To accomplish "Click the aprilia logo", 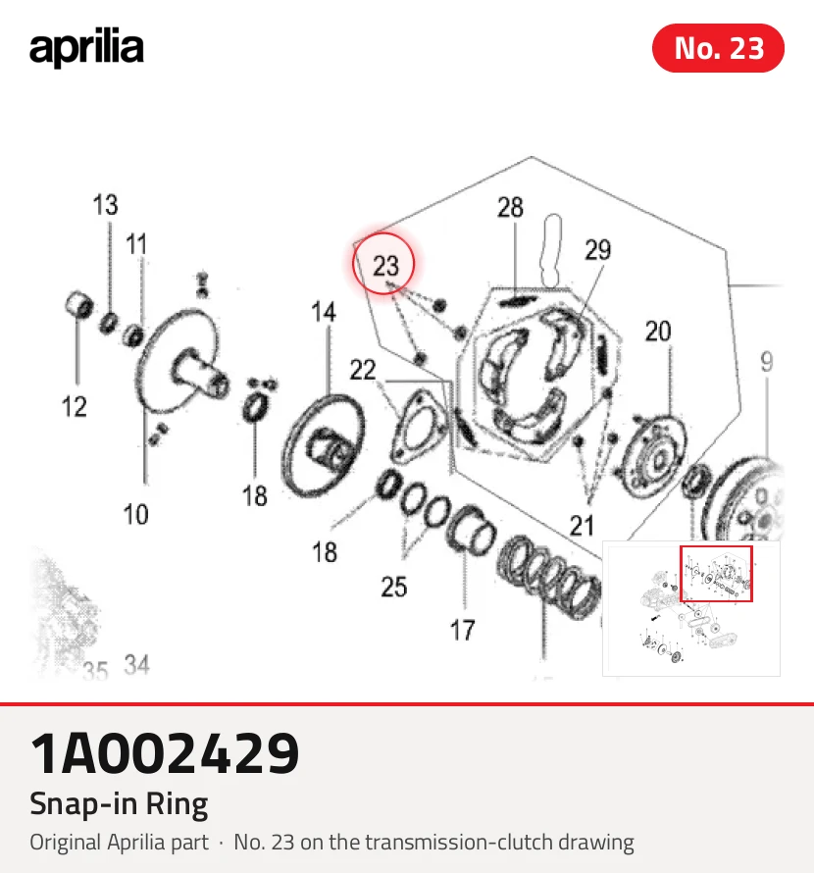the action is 86,48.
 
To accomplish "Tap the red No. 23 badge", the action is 718,48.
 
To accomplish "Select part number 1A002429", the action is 165,753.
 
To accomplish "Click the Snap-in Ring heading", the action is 119,804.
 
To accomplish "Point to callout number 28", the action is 510,208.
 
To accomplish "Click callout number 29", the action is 597,250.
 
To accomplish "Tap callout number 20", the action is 658,332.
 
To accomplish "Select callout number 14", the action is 324,312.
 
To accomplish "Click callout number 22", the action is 363,370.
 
